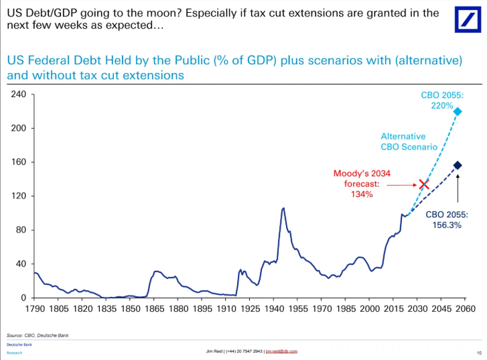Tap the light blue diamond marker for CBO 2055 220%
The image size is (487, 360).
tap(458, 111)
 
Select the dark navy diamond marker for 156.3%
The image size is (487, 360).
tap(458, 166)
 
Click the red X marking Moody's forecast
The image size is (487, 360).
tap(423, 184)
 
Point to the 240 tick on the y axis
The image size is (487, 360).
tap(19, 95)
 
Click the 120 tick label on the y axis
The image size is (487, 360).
tap(19, 196)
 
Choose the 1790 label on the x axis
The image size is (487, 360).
tap(36, 309)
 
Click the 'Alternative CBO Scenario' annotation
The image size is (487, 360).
tap(409, 141)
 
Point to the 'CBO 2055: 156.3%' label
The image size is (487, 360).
tap(447, 221)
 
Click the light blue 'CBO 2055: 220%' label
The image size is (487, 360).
tap(441, 101)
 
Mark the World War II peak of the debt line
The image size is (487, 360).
tap(283, 208)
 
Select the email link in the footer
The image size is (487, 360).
tap(281, 351)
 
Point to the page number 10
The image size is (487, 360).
tap(478, 351)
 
